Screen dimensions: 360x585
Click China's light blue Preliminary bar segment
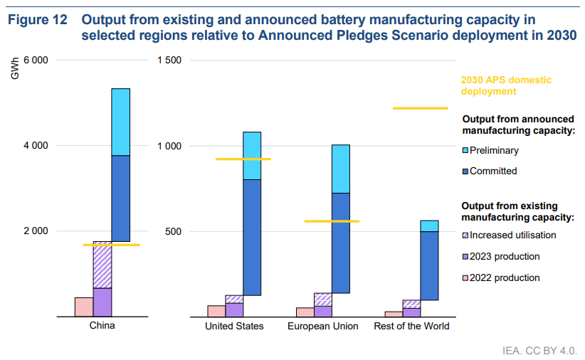(x=120, y=122)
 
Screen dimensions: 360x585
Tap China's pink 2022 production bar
(x=83, y=307)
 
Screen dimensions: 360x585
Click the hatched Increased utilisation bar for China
(x=102, y=265)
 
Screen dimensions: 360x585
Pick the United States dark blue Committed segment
(x=252, y=237)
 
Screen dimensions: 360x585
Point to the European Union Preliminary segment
(x=340, y=169)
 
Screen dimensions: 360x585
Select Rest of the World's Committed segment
(x=428, y=265)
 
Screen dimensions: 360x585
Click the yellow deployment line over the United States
(x=243, y=159)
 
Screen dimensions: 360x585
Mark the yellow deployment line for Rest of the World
(x=420, y=108)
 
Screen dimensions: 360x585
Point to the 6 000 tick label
(x=36, y=60)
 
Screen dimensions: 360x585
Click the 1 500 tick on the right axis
(x=169, y=60)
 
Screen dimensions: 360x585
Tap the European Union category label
(x=322, y=327)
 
